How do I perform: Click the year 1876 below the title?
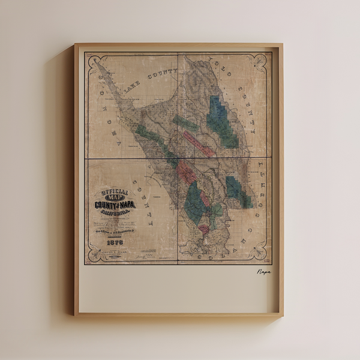(114, 242)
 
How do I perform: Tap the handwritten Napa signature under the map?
(263, 272)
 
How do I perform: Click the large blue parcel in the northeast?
(221, 120)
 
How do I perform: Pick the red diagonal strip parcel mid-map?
(198, 144)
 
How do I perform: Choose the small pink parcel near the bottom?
(204, 229)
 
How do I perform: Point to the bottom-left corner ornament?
(92, 255)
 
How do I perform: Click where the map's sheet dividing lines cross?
(178, 158)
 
